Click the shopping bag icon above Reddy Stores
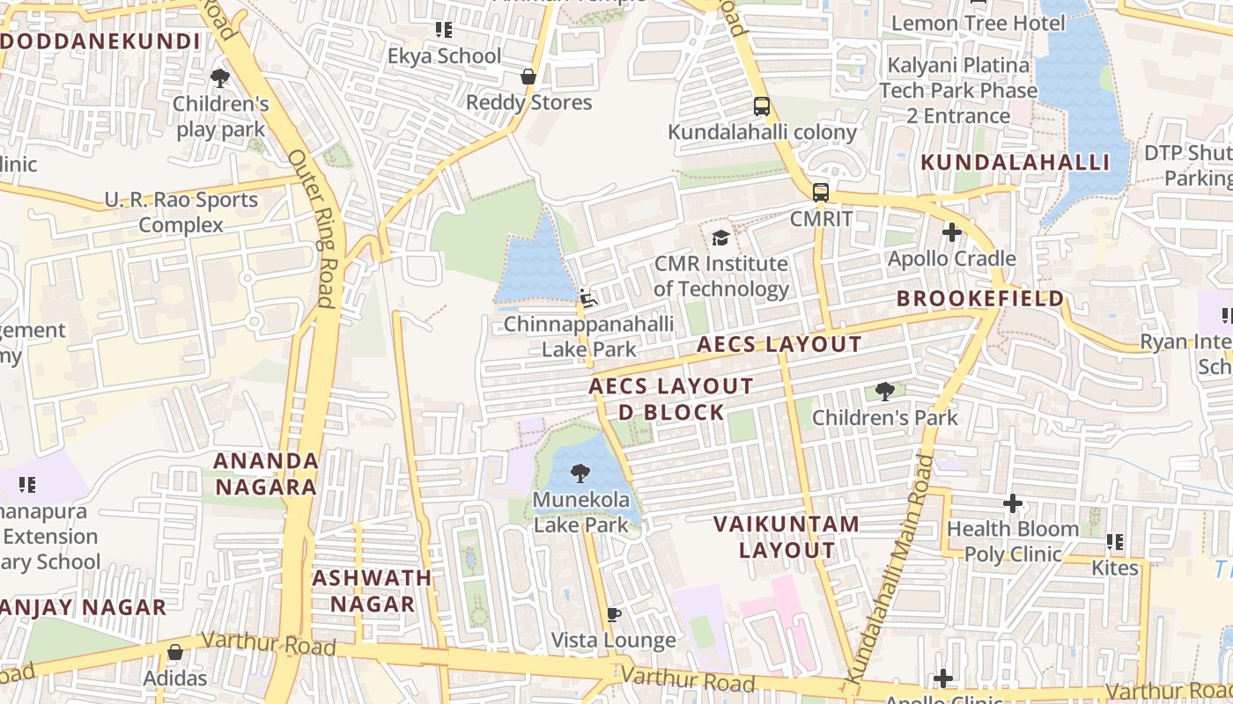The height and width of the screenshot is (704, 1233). (528, 77)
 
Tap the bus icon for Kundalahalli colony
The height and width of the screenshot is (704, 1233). (762, 106)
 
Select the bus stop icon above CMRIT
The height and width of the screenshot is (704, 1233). (820, 192)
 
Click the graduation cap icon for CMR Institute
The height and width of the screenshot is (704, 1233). (720, 238)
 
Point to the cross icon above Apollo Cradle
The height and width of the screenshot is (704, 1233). (951, 233)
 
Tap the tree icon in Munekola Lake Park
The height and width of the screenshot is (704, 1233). (580, 474)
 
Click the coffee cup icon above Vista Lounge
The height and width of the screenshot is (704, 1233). (614, 614)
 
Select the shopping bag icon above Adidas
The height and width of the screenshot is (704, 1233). (175, 652)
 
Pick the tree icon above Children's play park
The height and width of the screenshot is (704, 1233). (220, 78)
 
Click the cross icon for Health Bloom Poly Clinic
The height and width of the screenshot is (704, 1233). (1013, 503)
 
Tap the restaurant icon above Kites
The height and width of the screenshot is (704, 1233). (1115, 542)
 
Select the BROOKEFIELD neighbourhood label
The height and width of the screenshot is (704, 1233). (980, 299)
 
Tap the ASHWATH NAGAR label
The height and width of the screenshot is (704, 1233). (372, 590)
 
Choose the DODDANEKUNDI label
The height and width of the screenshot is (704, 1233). (100, 41)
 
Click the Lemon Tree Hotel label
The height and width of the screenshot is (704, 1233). (978, 23)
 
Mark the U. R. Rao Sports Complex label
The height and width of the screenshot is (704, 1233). (181, 212)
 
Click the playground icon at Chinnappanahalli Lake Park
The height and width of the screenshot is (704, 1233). (587, 299)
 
